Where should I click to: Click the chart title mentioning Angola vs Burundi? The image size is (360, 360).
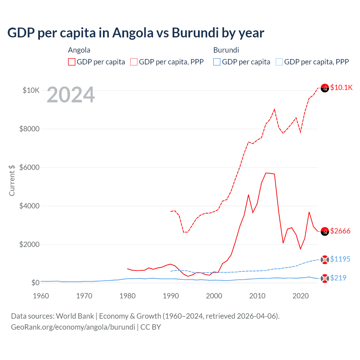pyautogui.click(x=136, y=33)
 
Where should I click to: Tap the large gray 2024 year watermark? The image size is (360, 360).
pyautogui.click(x=71, y=95)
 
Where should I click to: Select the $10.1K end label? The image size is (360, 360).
pyautogui.click(x=341, y=87)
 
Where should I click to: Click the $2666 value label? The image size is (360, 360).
pyautogui.click(x=340, y=231)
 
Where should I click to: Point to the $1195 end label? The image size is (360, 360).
pyautogui.click(x=340, y=259)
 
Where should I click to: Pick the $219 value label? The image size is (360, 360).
pyautogui.click(x=338, y=278)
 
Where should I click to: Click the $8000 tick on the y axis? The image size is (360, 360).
pyautogui.click(x=29, y=129)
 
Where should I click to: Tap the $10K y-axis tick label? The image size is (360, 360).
pyautogui.click(x=31, y=90)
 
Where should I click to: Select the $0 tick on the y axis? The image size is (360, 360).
pyautogui.click(x=35, y=283)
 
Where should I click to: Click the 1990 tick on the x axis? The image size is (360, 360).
pyautogui.click(x=171, y=296)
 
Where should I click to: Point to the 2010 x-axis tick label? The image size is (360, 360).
pyautogui.click(x=257, y=296)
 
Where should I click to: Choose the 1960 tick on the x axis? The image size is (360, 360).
pyautogui.click(x=41, y=296)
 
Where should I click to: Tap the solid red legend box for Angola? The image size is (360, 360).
pyautogui.click(x=72, y=62)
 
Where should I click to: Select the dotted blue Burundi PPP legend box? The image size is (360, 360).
pyautogui.click(x=279, y=62)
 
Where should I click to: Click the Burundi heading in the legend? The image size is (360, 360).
pyautogui.click(x=226, y=50)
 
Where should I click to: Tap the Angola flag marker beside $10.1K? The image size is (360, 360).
pyautogui.click(x=325, y=88)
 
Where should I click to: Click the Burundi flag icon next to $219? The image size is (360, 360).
pyautogui.click(x=325, y=278)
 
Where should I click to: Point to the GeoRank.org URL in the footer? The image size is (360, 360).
pyautogui.click(x=73, y=327)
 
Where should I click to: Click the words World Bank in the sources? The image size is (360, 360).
pyautogui.click(x=75, y=316)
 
